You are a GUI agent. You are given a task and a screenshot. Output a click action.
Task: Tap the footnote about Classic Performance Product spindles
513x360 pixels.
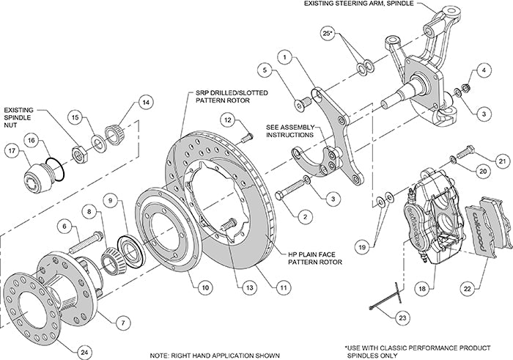427,349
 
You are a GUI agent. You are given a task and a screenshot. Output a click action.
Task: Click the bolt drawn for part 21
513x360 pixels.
467,155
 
